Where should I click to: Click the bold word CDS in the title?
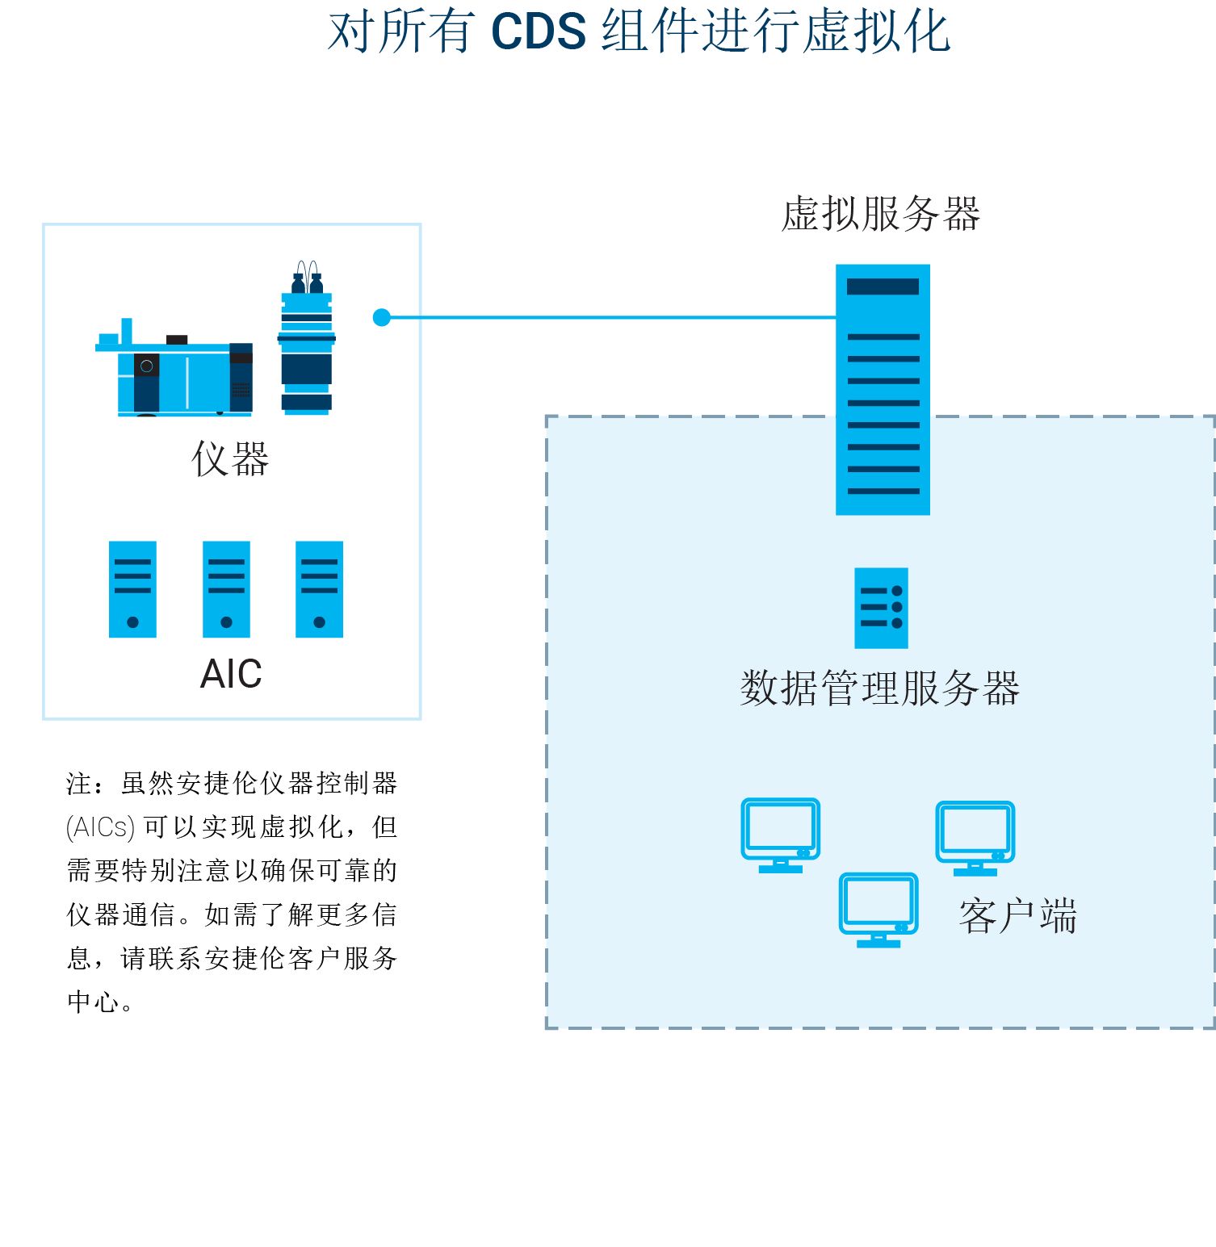(538, 32)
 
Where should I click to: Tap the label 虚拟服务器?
(881, 215)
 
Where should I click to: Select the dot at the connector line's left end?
(382, 317)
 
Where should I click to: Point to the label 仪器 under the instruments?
(230, 459)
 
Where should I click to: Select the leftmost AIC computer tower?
(132, 589)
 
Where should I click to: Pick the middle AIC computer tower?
(226, 589)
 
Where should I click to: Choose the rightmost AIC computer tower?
(319, 589)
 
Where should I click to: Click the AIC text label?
(231, 674)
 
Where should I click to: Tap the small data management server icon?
(881, 608)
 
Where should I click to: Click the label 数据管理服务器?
(880, 688)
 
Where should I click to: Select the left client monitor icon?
(781, 835)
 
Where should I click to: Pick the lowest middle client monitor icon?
(878, 909)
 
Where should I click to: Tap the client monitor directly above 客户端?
(975, 837)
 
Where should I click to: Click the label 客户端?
(1018, 916)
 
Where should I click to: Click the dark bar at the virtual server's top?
(883, 287)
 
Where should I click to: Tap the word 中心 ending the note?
(92, 1002)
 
